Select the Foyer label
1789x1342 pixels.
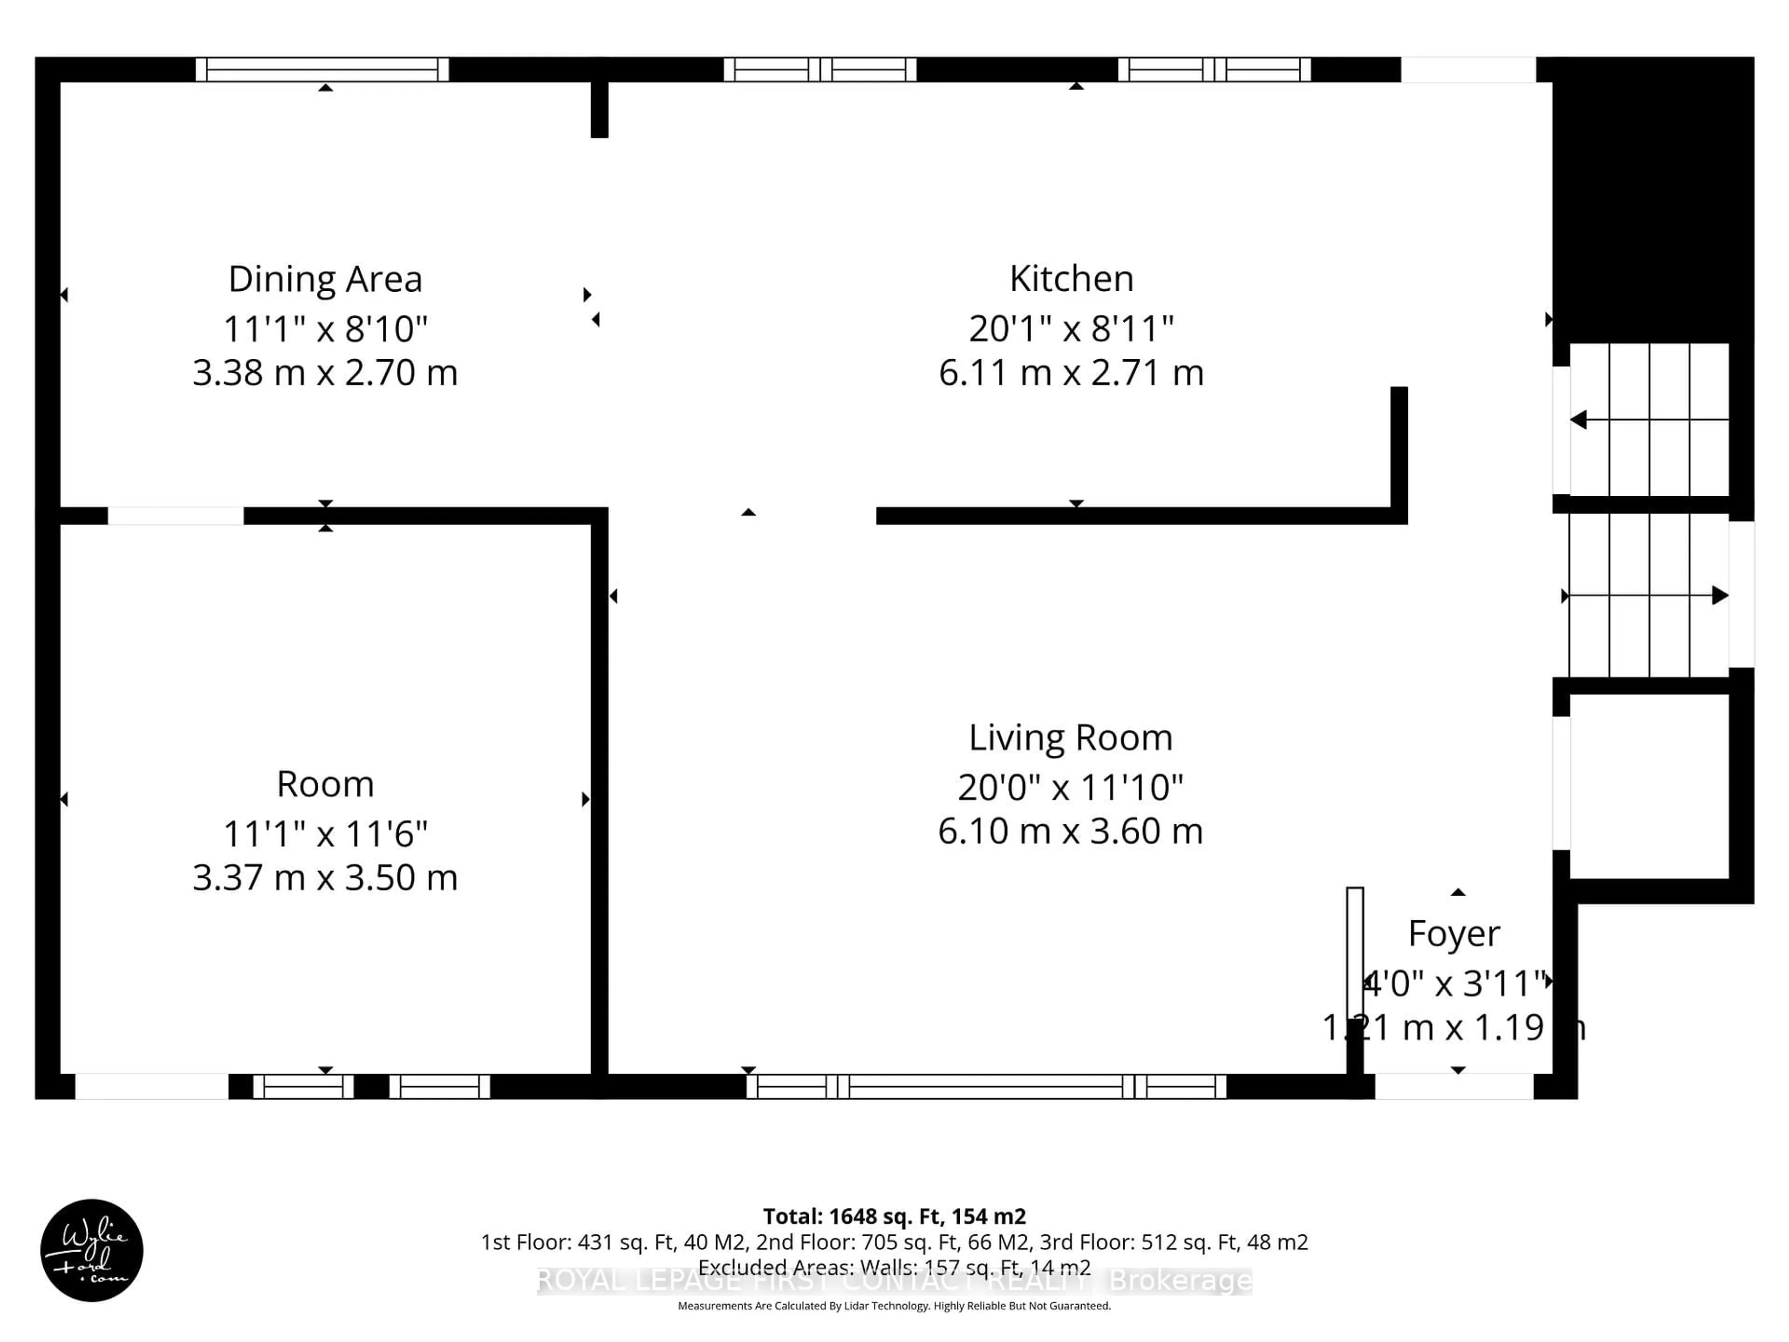pyautogui.click(x=1454, y=933)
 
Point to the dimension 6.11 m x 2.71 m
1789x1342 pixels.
pyautogui.click(x=1071, y=373)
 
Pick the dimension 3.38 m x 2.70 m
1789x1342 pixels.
pyautogui.click(x=325, y=373)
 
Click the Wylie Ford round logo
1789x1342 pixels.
pyautogui.click(x=91, y=1250)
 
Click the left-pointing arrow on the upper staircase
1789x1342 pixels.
pyautogui.click(x=1579, y=420)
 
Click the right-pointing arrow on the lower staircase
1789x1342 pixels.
pyautogui.click(x=1720, y=596)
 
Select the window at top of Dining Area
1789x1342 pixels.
pyautogui.click(x=322, y=69)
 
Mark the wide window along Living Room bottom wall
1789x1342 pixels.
pyautogui.click(x=985, y=1086)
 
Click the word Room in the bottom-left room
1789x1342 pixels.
pyautogui.click(x=325, y=784)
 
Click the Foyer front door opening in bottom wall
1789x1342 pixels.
pyautogui.click(x=1454, y=1086)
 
